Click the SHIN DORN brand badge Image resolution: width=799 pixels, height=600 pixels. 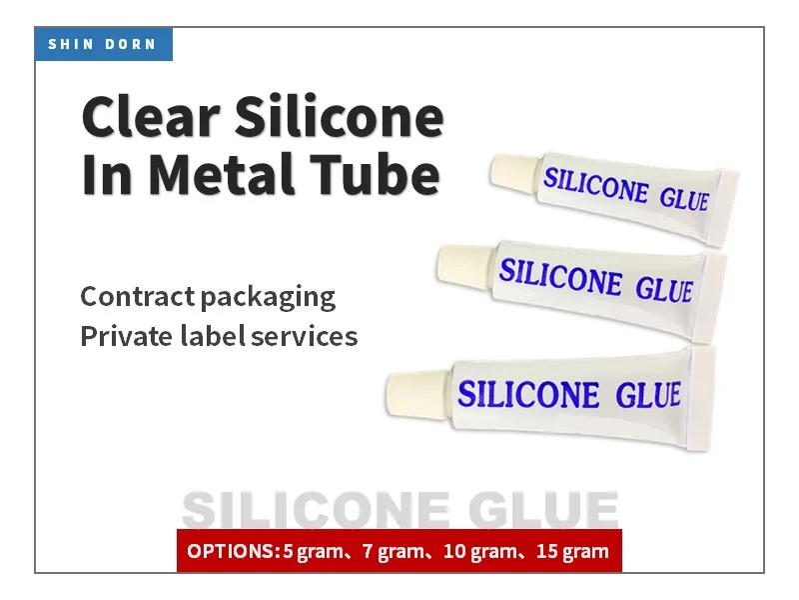click(x=104, y=44)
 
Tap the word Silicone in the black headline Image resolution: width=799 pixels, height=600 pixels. click(x=339, y=118)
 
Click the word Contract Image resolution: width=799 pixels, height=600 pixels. click(x=137, y=297)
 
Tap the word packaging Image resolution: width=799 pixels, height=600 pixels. click(x=269, y=298)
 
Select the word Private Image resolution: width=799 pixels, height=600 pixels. click(x=124, y=336)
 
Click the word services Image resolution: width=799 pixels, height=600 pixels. click(x=304, y=336)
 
